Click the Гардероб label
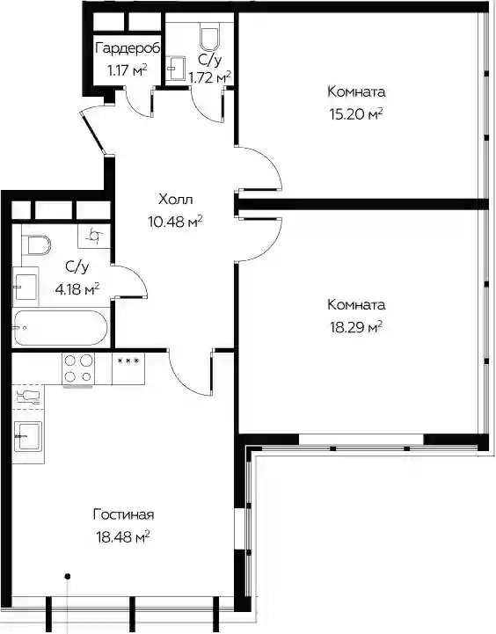click(128, 49)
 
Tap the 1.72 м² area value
click(210, 77)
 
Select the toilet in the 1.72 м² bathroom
click(209, 39)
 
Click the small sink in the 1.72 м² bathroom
click(175, 69)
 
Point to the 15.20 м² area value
click(356, 115)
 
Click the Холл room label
click(176, 200)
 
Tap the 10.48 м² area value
click(175, 222)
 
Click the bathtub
click(60, 327)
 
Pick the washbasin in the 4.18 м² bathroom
click(26, 287)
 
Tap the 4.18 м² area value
click(77, 289)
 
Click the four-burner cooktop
click(77, 368)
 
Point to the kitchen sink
click(28, 436)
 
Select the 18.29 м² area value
click(356, 327)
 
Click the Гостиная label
click(124, 515)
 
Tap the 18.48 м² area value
click(123, 538)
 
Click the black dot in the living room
click(68, 576)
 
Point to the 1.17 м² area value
click(127, 70)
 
